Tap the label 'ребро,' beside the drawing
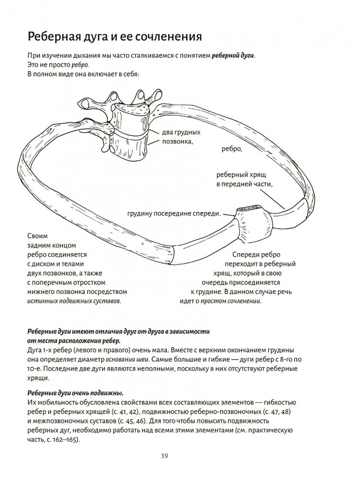(x=232, y=149)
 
